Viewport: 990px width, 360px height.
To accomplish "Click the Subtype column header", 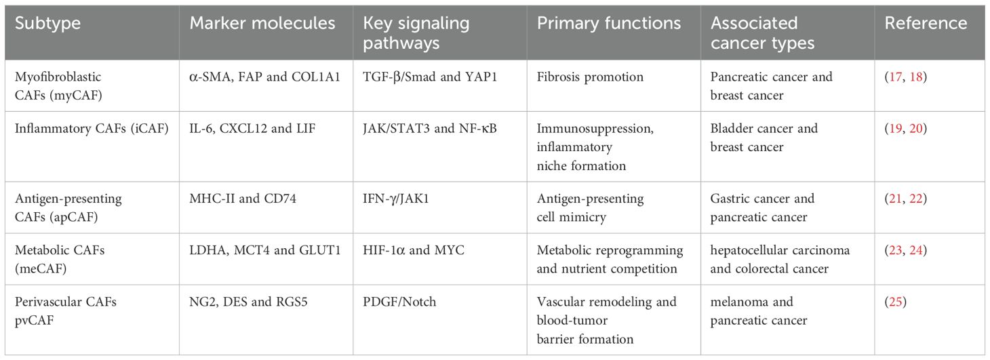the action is coord(47,23).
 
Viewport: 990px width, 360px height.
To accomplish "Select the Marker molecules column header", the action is coord(262,23).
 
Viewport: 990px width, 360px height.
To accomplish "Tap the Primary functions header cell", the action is coord(609,23).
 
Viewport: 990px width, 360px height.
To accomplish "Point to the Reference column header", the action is coord(926,23).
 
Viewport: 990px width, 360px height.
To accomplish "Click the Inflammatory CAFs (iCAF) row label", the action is coord(92,129).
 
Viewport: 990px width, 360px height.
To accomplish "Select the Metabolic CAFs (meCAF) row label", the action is coord(60,259).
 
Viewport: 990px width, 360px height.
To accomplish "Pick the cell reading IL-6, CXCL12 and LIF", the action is coord(252,129).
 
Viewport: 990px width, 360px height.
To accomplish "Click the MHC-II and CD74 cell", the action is coord(243,199).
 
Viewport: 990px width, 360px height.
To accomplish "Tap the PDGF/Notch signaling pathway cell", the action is coord(399,302).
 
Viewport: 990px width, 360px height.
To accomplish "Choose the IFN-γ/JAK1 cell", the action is coord(395,199).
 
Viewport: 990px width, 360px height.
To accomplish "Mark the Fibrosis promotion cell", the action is coord(590,77).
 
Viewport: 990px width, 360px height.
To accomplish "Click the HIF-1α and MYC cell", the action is coord(413,250).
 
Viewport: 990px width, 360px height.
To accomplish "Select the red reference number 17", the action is coord(896,77).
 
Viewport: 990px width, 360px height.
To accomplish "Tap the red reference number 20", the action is coord(915,129).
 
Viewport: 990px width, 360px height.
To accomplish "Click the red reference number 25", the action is coord(896,302).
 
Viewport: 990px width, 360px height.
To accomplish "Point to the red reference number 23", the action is coord(896,250).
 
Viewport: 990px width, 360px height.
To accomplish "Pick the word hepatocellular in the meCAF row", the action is coord(743,250).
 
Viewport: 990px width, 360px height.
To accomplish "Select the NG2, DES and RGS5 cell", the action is coord(248,302).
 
